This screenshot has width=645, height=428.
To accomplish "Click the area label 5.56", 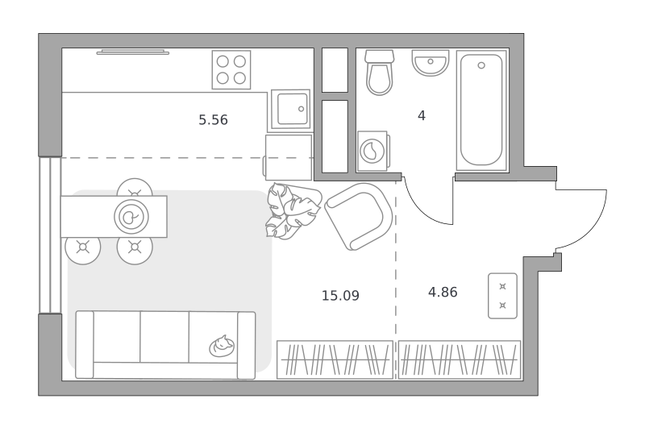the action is pos(213,120).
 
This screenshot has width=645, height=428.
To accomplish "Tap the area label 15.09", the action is pos(340,296).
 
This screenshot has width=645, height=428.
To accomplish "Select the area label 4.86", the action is pos(443,293).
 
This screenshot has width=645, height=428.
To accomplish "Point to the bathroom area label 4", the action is pos(421,116).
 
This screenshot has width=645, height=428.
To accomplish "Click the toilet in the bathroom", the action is pos(380,73).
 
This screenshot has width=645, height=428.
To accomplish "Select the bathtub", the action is pos(481,110).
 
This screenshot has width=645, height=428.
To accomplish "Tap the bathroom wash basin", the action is pos(431,63).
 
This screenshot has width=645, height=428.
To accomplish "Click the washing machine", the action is pos(373,151).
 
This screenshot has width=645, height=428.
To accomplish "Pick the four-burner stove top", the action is pos(231,69).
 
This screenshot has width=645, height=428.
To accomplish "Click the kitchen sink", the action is pos(290,110).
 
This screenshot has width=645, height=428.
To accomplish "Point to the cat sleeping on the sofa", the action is pos(222,346).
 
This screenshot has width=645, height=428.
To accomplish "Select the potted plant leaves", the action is pos(292,210).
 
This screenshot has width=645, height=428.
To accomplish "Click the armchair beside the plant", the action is pos(358,216).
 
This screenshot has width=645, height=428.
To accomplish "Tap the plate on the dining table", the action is pos(131,217).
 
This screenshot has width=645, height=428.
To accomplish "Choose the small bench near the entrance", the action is pos(502,296).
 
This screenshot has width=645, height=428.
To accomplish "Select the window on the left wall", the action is pos(50,235).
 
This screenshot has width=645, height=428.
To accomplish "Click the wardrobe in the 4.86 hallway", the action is pos(459,359).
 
